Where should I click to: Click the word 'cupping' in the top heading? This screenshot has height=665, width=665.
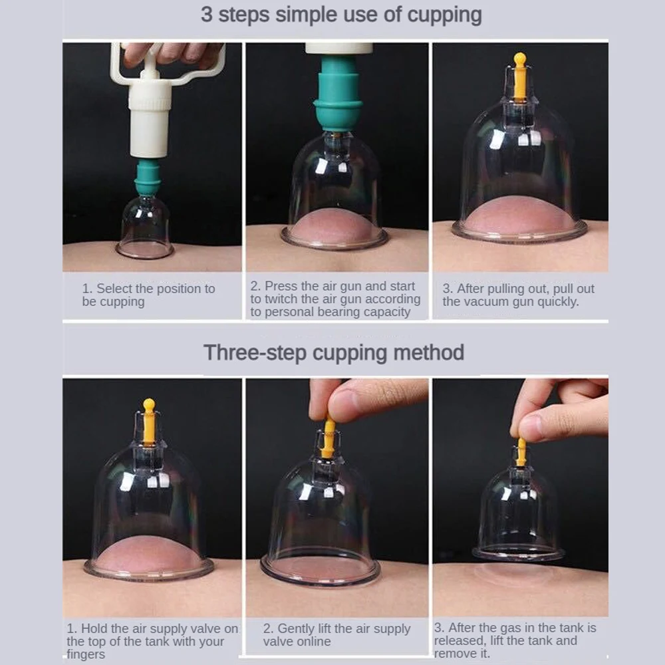(444, 15)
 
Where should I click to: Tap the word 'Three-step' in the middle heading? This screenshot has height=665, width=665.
(255, 353)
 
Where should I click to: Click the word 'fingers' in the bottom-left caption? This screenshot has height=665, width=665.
(86, 654)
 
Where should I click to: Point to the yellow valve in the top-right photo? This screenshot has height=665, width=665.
(519, 77)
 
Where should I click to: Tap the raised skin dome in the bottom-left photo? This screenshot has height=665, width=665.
(147, 553)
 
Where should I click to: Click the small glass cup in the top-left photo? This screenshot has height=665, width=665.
(144, 227)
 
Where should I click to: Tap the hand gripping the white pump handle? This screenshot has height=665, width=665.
(172, 54)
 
